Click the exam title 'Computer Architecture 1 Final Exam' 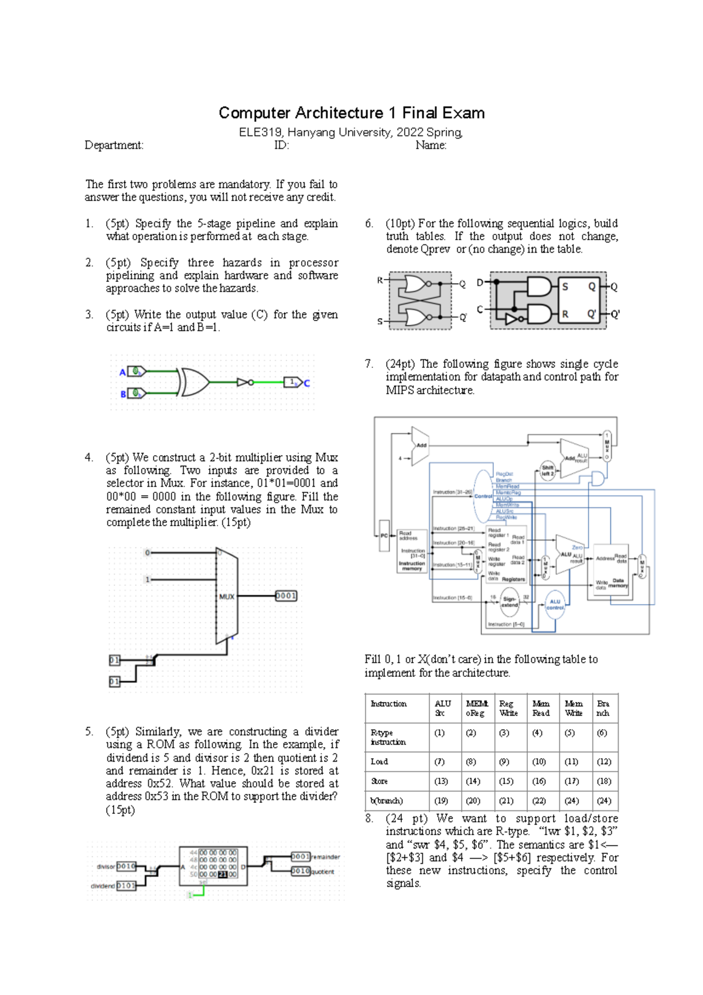(351, 113)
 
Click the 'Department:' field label (114, 145)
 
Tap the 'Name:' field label (431, 145)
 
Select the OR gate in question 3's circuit (194, 382)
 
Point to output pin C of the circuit (306, 383)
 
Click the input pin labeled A (122, 372)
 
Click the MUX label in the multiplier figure (226, 597)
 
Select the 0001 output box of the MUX (286, 596)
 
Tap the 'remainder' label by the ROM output (325, 857)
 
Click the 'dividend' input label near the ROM (103, 886)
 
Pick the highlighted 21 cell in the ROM (223, 874)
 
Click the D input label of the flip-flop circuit (480, 282)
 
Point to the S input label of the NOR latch (380, 321)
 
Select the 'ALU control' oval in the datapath (555, 605)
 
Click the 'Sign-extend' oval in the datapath (509, 602)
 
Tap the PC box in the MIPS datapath (384, 536)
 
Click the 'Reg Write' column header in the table (508, 708)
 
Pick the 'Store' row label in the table (379, 781)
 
